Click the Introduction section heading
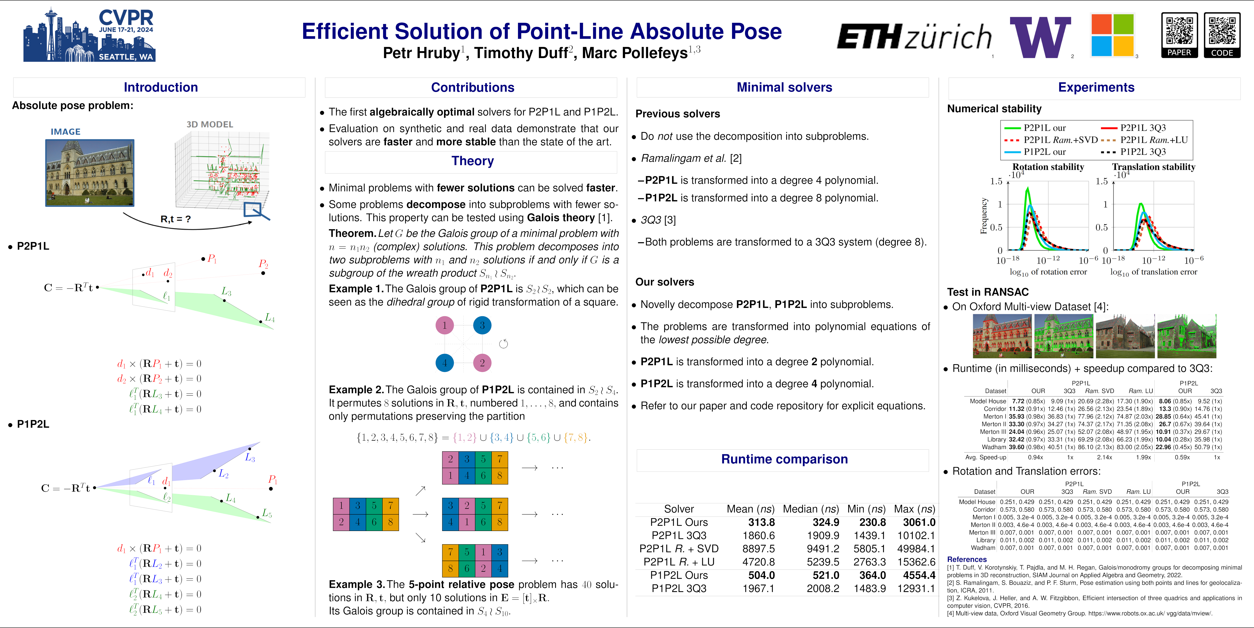[x=161, y=87]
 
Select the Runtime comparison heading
[x=784, y=459]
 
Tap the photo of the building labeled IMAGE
[x=90, y=173]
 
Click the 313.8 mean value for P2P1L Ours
[x=761, y=522]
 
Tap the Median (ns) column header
[x=810, y=509]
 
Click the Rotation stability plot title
[x=1048, y=167]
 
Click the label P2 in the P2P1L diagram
[x=263, y=264]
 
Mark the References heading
[x=967, y=559]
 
